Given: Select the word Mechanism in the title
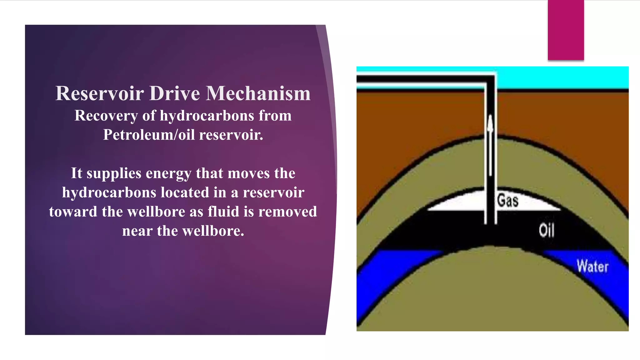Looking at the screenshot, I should [x=258, y=93].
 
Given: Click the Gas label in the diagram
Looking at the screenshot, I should [x=508, y=200].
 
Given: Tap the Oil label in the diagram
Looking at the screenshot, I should [x=547, y=231].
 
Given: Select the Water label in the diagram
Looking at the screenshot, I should [x=592, y=267].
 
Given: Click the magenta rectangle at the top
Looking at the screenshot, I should [x=566, y=30].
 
